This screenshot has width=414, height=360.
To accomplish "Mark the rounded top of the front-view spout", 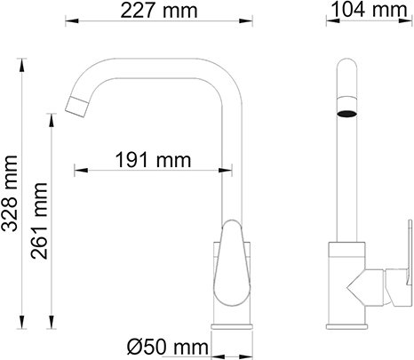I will click(349, 68).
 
